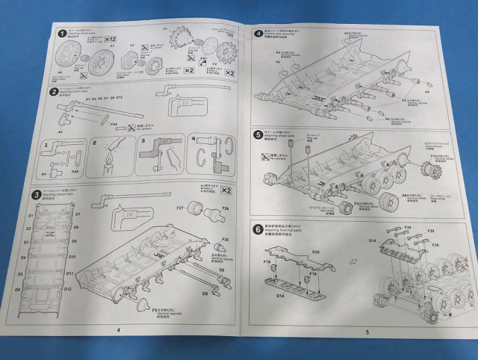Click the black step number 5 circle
[x=257, y=135]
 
